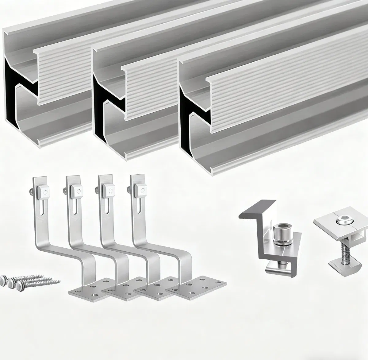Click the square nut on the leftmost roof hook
coord(43,192)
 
